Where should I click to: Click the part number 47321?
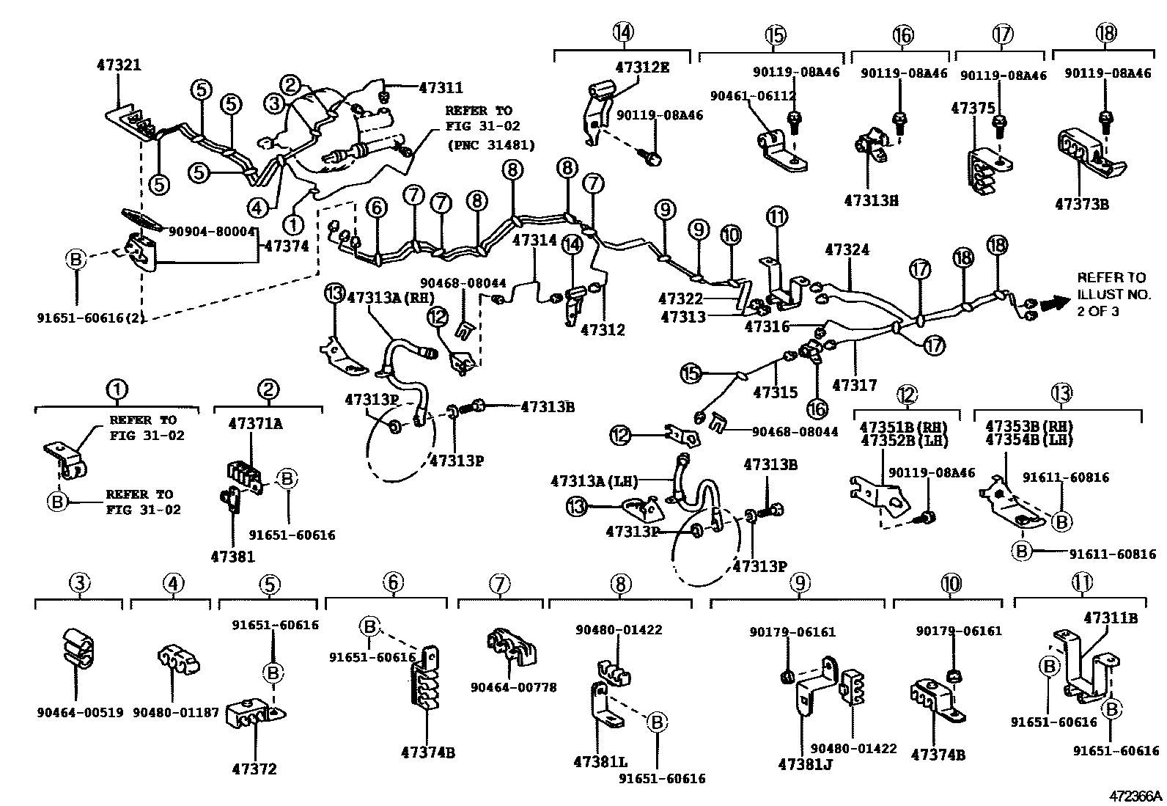[119, 65]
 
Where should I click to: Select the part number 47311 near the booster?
[441, 88]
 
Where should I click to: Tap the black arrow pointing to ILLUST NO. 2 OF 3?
[1053, 301]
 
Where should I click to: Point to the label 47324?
[847, 250]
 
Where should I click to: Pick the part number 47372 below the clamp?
[254, 769]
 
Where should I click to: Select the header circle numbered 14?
[622, 32]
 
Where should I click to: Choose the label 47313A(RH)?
[391, 297]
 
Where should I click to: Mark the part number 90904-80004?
[211, 231]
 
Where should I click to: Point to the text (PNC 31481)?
[490, 144]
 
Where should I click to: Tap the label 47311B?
[1110, 618]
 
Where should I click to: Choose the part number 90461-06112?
[753, 95]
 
